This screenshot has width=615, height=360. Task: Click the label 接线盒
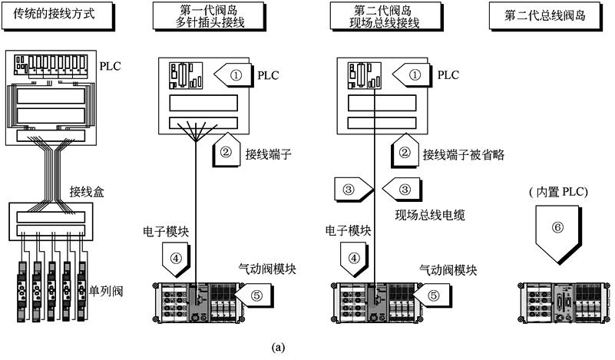click(x=86, y=190)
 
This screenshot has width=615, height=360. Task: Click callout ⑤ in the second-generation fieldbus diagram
click(x=433, y=293)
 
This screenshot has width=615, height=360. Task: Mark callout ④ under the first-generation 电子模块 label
click(x=175, y=259)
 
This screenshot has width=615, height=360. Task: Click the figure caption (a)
click(x=279, y=348)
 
